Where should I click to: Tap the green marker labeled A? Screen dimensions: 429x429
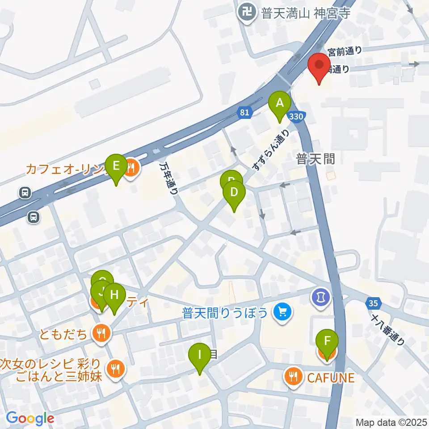pos(280,104)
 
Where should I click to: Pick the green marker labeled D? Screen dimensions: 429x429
pos(234,193)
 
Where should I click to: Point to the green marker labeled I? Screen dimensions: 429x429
pos(199,355)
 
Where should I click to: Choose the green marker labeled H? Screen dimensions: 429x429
pos(114,295)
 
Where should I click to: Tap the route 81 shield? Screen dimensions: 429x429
pos(244,113)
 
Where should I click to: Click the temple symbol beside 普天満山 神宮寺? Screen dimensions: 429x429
pos(246,11)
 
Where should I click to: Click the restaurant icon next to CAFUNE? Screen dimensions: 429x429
pos(293,377)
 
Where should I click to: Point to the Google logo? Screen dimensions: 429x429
pos(30,418)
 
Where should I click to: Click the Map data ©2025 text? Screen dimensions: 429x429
pos(391,421)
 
